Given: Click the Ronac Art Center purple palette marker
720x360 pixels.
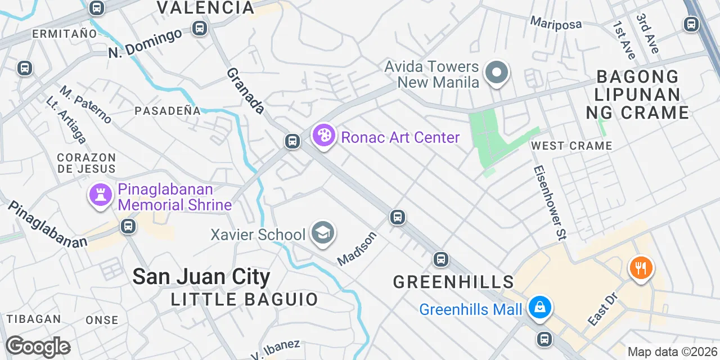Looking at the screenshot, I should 323,136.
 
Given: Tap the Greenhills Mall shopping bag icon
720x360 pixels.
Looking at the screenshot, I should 540,307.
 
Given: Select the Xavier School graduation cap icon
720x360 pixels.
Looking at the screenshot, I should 323,233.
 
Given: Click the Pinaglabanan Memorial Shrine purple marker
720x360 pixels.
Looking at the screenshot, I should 101,196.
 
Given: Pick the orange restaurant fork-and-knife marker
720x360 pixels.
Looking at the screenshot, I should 640,267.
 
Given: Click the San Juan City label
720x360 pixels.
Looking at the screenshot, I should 201,277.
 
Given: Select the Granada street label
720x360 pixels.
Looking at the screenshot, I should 246,91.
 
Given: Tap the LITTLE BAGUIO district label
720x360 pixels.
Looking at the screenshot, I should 245,299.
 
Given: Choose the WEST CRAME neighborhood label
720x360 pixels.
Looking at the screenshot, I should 571,146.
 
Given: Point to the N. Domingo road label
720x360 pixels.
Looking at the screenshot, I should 145,43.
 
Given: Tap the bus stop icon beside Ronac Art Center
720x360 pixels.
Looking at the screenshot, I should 292,141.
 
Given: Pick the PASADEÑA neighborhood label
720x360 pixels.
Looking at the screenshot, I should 167,111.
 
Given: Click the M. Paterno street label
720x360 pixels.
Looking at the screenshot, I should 86,105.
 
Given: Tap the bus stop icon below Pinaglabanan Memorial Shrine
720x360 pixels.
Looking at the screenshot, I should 128,226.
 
